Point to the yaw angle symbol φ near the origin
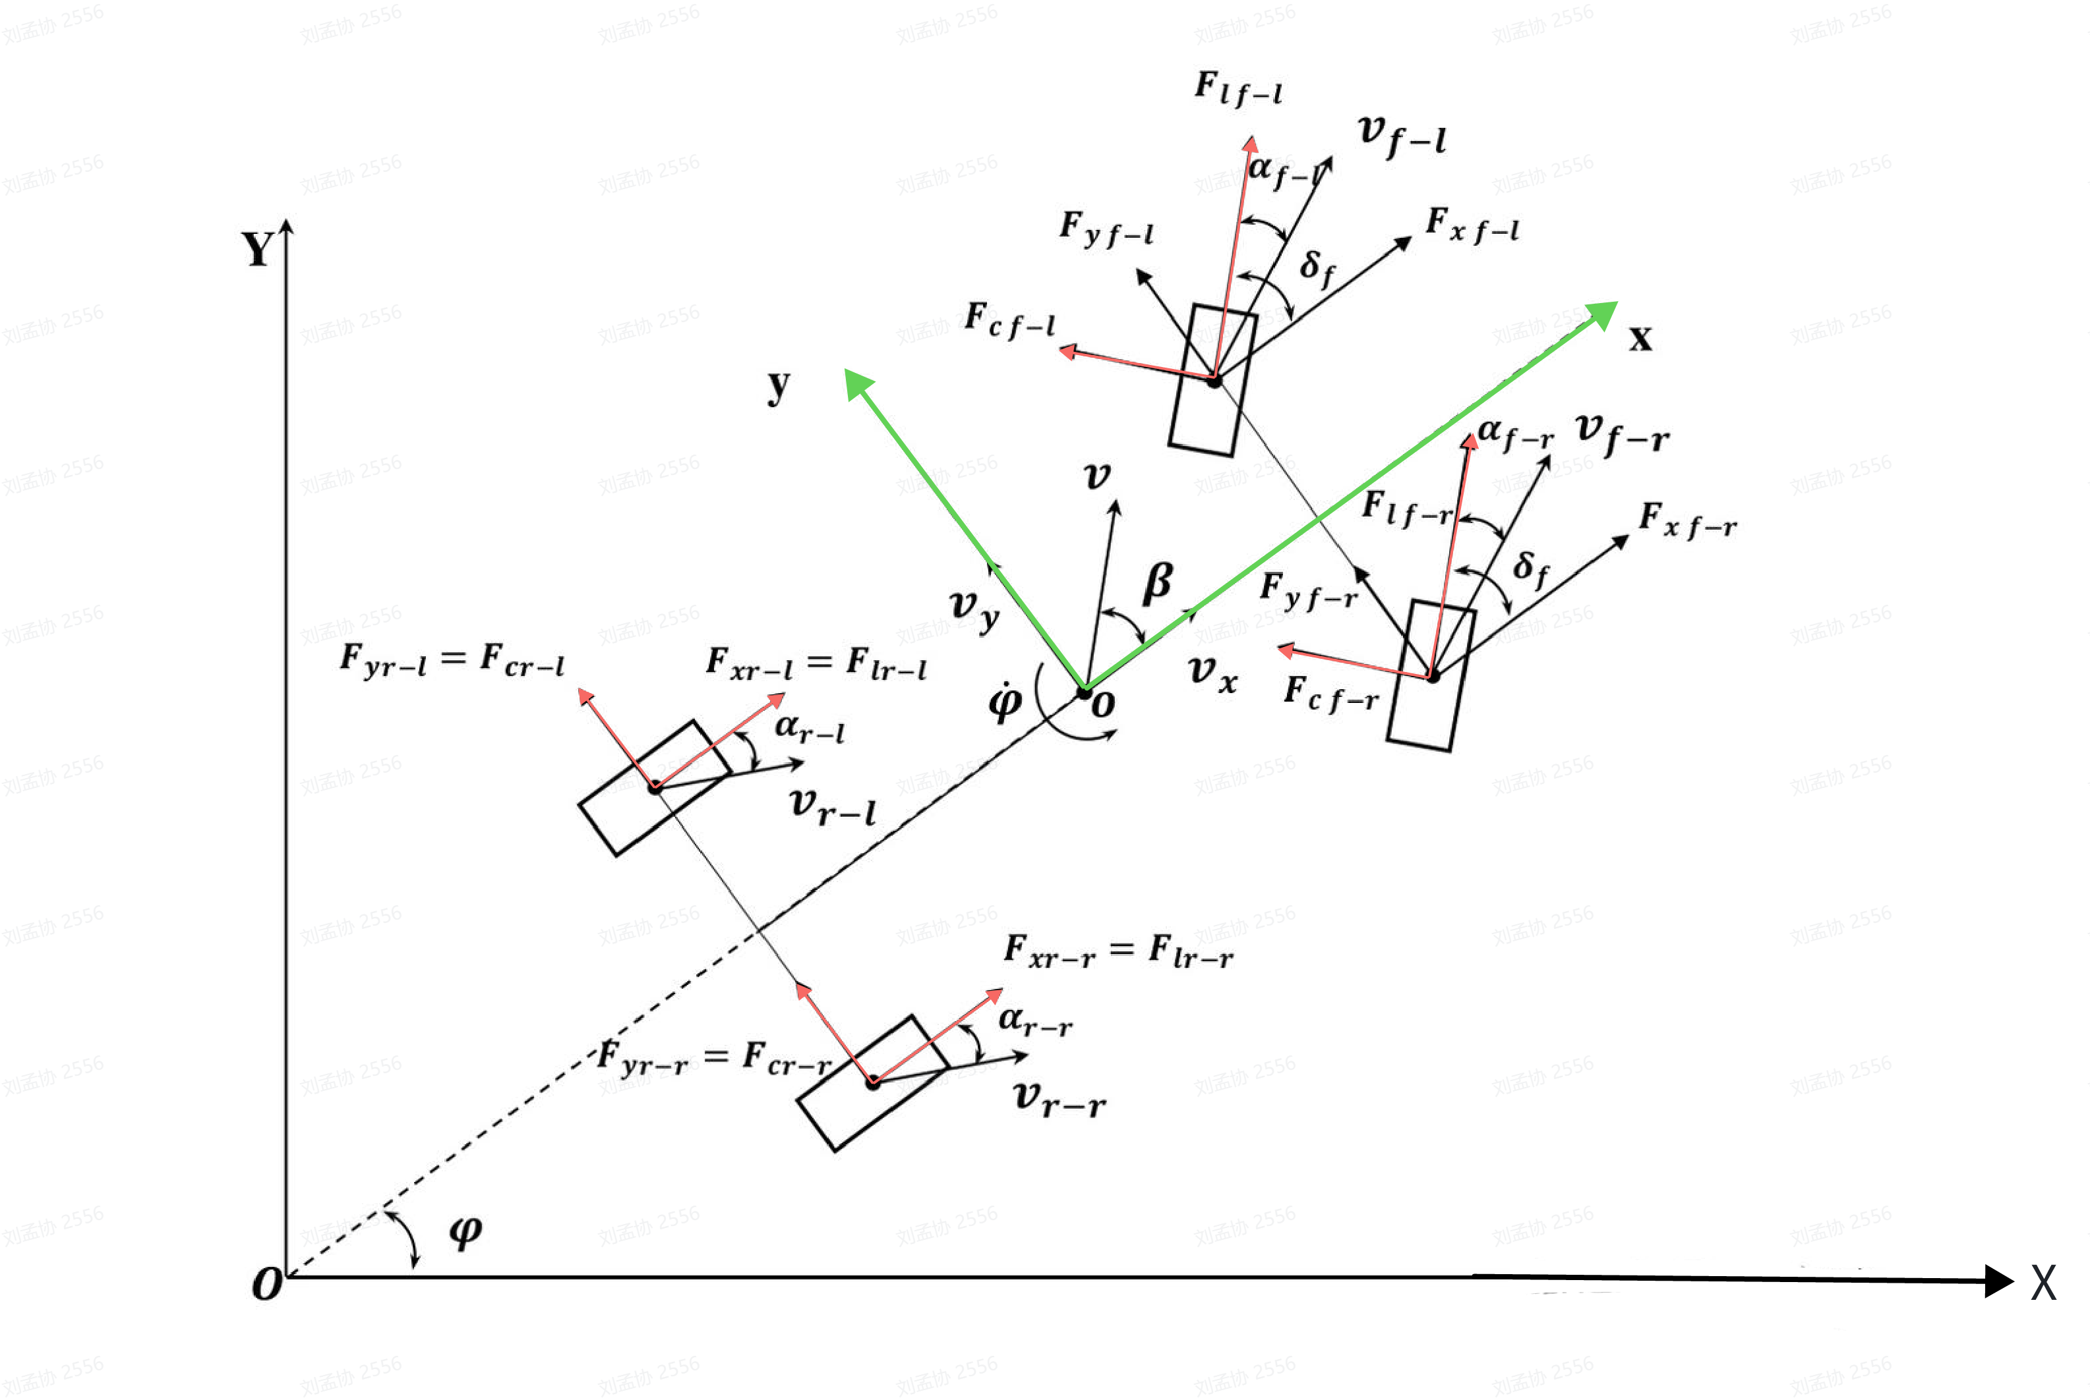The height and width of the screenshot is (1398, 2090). (465, 1231)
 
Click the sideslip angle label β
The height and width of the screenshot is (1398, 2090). (1158, 582)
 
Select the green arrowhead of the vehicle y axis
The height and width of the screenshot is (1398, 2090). (857, 383)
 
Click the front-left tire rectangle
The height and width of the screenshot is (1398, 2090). (1212, 380)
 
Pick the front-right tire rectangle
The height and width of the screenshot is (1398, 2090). (1431, 676)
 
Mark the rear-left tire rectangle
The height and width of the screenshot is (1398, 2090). (655, 787)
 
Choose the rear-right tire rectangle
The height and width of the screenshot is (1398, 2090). (872, 1082)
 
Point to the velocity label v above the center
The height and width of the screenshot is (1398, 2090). (1097, 477)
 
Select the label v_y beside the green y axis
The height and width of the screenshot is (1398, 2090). (974, 609)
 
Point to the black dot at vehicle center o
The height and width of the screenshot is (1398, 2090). (1085, 692)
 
